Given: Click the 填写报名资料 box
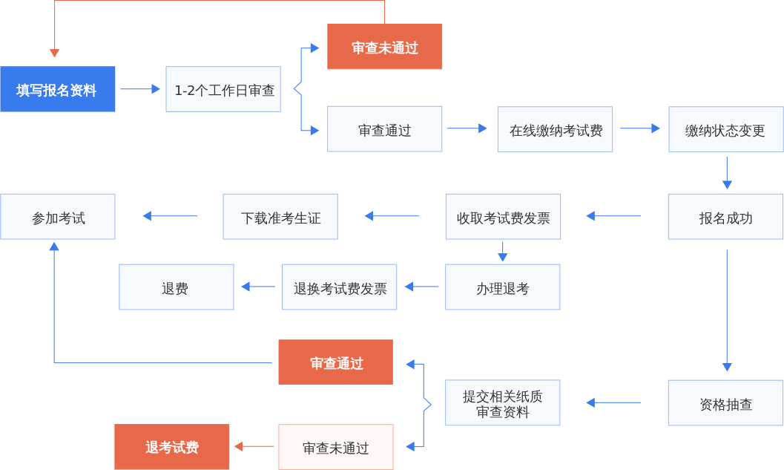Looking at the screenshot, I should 58,89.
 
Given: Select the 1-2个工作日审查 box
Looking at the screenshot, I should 223,90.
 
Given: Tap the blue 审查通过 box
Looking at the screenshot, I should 384,129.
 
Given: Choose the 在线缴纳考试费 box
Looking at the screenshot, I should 555,129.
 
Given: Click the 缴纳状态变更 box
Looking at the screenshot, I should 725,130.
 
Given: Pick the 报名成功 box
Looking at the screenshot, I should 725,217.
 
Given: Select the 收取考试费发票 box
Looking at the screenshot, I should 503,217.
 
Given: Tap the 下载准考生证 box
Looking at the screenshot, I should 280,217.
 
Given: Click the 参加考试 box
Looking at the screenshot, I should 58,217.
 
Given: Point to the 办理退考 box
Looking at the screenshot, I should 502,287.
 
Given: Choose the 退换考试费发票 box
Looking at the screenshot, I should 340,287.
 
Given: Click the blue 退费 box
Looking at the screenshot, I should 176,287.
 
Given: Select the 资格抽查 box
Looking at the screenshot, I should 725,403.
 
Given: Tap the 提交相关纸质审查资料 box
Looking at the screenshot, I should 502,403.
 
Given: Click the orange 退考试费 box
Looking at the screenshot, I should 171,447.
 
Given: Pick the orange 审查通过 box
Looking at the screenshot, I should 335,362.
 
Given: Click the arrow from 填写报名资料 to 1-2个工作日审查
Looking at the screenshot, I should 140,89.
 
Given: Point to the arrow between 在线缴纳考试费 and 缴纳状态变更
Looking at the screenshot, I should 640,128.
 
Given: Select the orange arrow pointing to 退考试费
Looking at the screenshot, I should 254,446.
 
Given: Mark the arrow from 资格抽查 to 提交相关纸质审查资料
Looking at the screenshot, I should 613,403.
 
